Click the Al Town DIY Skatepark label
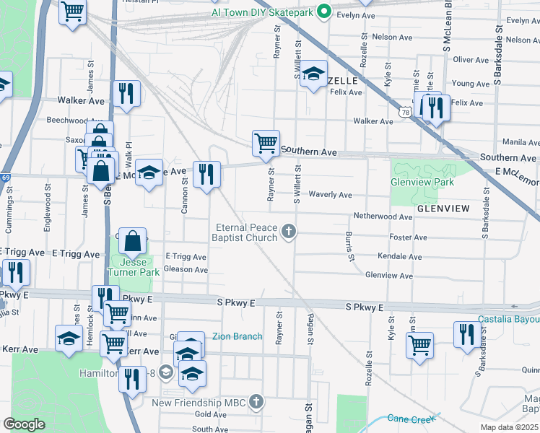point(263,12)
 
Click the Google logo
point(24,424)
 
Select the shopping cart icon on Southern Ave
point(266,143)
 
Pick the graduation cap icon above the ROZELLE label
point(313,73)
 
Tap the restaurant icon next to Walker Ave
point(126,94)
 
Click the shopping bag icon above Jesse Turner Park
point(134,241)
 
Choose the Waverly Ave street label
point(330,195)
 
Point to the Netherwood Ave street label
point(382,216)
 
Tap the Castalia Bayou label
point(508,320)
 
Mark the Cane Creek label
point(411,419)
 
